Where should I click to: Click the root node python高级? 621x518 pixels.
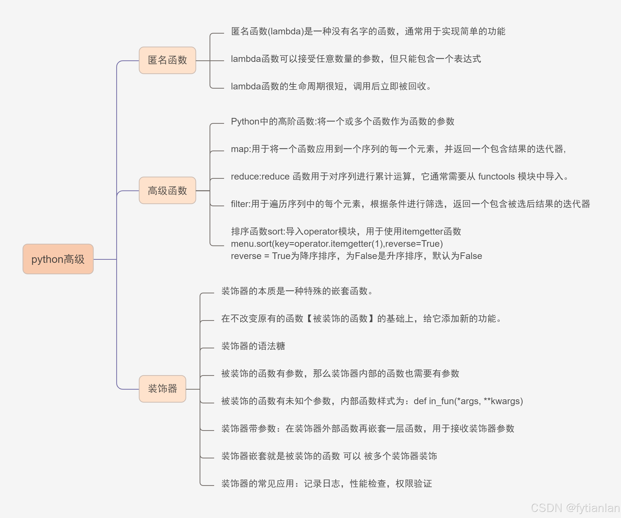point(58,259)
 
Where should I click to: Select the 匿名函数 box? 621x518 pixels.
point(167,60)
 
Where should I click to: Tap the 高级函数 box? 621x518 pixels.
point(167,190)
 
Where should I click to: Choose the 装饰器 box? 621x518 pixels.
point(162,389)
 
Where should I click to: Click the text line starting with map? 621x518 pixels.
point(398,149)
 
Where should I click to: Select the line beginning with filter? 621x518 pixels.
point(410,204)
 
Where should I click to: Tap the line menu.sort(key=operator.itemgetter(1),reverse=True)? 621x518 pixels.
point(337,244)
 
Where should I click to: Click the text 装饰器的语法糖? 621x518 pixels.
point(253,346)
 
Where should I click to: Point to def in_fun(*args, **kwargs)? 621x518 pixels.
point(468,401)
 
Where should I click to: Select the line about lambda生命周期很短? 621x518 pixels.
point(331,86)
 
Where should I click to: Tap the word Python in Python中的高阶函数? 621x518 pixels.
point(245,121)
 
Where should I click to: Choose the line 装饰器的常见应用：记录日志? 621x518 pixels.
point(327,483)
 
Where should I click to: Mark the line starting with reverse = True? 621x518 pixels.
point(356,256)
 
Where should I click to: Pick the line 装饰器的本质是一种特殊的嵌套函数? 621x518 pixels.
point(297,291)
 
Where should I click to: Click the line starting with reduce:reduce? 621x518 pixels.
point(399,176)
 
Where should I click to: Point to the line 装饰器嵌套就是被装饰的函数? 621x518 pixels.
point(329,456)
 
